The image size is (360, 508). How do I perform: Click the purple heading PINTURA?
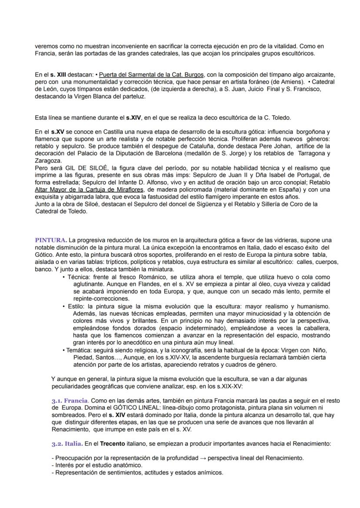pos(51,240)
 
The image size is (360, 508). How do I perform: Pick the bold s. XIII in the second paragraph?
pos(58,74)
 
